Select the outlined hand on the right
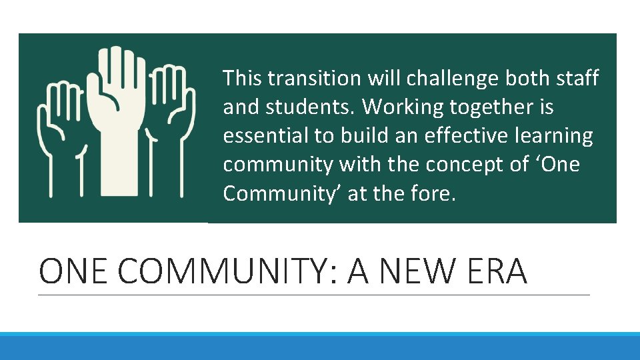(170, 133)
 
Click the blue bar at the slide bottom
(320, 346)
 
